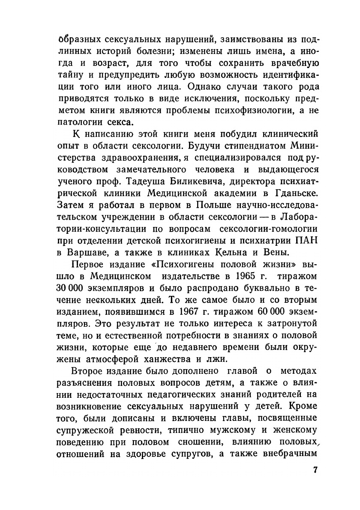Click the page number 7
point(315,470)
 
